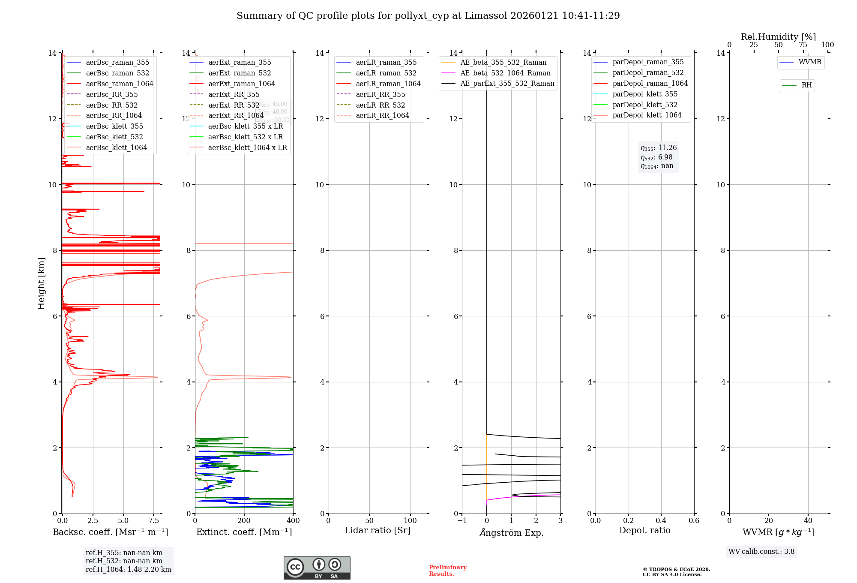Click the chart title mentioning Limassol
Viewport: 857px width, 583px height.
(x=428, y=16)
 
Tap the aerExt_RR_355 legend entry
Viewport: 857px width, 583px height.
(x=234, y=94)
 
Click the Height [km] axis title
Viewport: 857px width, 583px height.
(x=41, y=283)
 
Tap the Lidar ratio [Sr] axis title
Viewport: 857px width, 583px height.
(x=378, y=530)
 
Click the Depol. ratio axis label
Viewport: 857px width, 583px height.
(x=644, y=530)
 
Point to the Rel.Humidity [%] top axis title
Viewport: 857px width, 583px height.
(x=778, y=37)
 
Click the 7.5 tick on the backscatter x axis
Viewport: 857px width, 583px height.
(x=154, y=521)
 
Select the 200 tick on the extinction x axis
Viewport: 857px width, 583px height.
(x=244, y=521)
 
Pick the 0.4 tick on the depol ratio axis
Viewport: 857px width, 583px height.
(x=661, y=521)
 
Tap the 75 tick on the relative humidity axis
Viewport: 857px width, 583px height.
(x=803, y=45)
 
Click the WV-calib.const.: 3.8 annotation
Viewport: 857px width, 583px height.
(x=761, y=552)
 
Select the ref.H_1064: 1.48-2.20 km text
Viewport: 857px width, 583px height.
(x=128, y=570)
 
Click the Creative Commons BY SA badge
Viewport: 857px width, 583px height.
(x=317, y=568)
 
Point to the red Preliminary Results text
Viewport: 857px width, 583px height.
(x=447, y=571)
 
